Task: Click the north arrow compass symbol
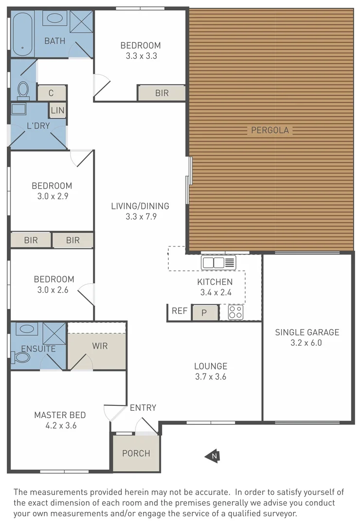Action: tap(212, 455)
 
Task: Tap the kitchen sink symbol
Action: tap(218, 263)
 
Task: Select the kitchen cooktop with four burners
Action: tap(236, 312)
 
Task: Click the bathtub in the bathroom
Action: tap(22, 34)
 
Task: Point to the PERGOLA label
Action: tap(270, 130)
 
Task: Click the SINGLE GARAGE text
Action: tap(307, 332)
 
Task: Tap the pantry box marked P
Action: tap(205, 313)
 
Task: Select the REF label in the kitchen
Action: tap(180, 311)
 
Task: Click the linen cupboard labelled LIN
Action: tap(57, 110)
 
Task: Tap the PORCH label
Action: tap(136, 454)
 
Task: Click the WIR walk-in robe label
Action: tap(100, 347)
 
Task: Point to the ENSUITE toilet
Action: tap(21, 358)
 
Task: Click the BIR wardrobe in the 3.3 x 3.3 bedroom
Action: tap(162, 93)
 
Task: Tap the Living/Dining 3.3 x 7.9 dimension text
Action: tap(140, 217)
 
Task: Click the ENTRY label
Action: tap(143, 408)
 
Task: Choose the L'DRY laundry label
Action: tap(37, 125)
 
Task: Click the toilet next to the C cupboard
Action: tap(23, 90)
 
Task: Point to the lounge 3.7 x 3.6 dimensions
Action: tap(211, 377)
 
